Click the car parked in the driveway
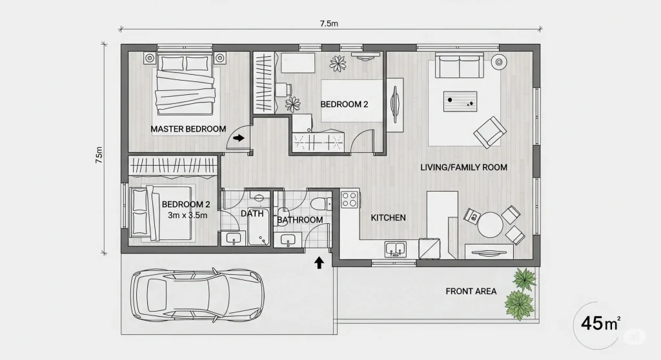pyautogui.click(x=198, y=295)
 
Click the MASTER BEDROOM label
pyautogui.click(x=188, y=129)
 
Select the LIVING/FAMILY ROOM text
pyautogui.click(x=463, y=167)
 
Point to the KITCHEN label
pyautogui.click(x=388, y=217)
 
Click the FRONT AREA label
pyautogui.click(x=471, y=291)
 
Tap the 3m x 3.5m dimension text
pyautogui.click(x=188, y=215)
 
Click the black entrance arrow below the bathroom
pyautogui.click(x=319, y=263)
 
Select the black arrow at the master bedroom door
pyautogui.click(x=239, y=137)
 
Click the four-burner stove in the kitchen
pyautogui.click(x=349, y=199)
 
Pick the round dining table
pyautogui.click(x=490, y=225)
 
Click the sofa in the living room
pyautogui.click(x=460, y=66)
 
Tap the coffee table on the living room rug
pyautogui.click(x=460, y=101)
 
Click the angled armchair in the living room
pyautogui.click(x=490, y=132)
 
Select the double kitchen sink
pyautogui.click(x=396, y=249)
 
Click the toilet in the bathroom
pyautogui.click(x=321, y=204)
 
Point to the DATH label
pyautogui.click(x=252, y=214)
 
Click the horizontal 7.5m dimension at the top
pyautogui.click(x=329, y=24)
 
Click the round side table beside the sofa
pyautogui.click(x=499, y=63)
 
